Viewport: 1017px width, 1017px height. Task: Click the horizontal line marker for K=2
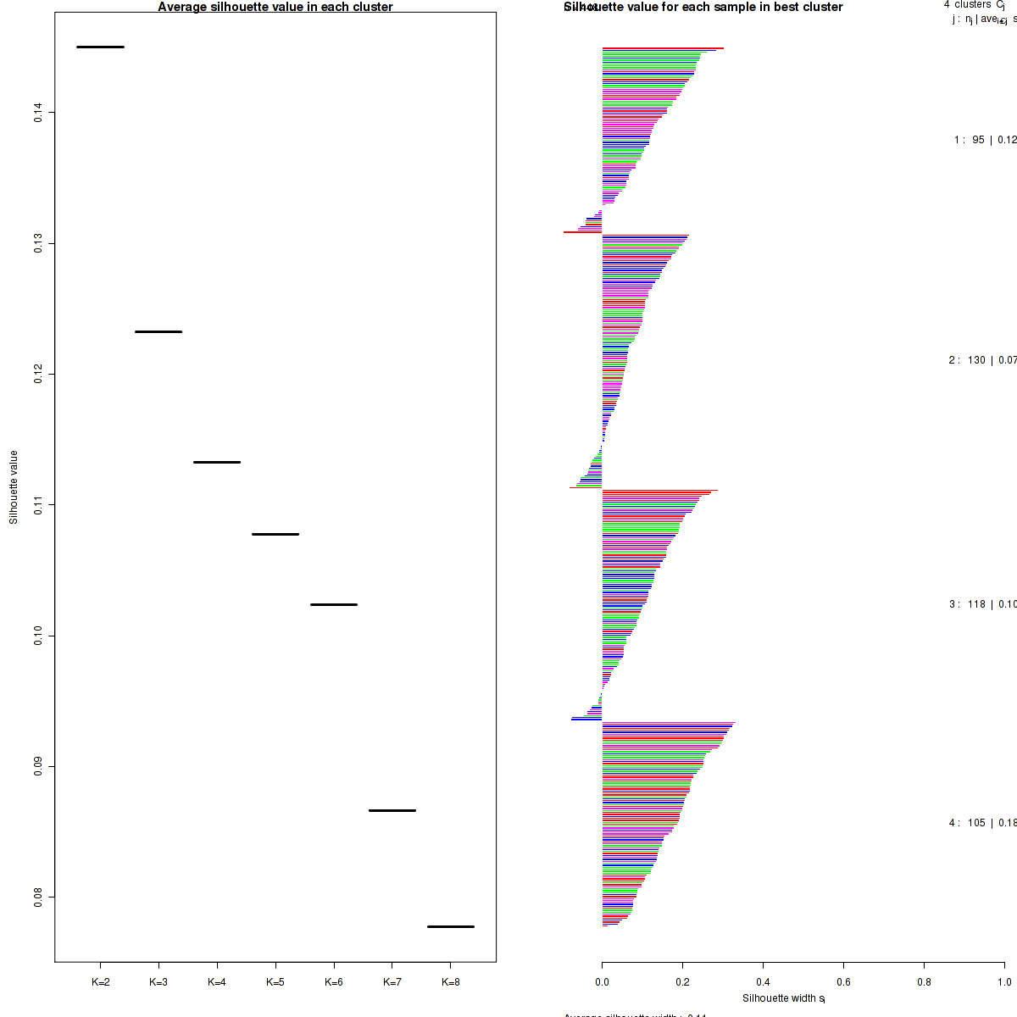pyautogui.click(x=100, y=47)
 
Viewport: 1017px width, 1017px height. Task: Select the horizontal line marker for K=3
pyautogui.click(x=158, y=331)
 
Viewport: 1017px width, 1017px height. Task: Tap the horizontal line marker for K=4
pyautogui.click(x=217, y=462)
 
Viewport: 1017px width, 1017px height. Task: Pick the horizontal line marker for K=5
pyautogui.click(x=275, y=534)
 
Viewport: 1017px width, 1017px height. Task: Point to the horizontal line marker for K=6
pyautogui.click(x=334, y=604)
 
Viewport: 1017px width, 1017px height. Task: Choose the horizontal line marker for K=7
pyautogui.click(x=392, y=810)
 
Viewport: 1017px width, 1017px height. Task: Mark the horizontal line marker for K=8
pyautogui.click(x=450, y=926)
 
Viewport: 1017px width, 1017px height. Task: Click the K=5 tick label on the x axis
pyautogui.click(x=275, y=982)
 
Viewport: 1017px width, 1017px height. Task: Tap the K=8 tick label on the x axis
pyautogui.click(x=451, y=982)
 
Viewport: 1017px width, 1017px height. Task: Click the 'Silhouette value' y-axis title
pyautogui.click(x=14, y=487)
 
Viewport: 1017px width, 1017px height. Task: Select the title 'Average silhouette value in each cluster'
pyautogui.click(x=275, y=7)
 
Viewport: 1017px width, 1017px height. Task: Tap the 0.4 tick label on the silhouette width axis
pyautogui.click(x=763, y=982)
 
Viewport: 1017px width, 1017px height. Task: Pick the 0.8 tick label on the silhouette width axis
pyautogui.click(x=924, y=982)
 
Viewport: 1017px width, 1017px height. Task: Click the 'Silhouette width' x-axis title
pyautogui.click(x=783, y=998)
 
